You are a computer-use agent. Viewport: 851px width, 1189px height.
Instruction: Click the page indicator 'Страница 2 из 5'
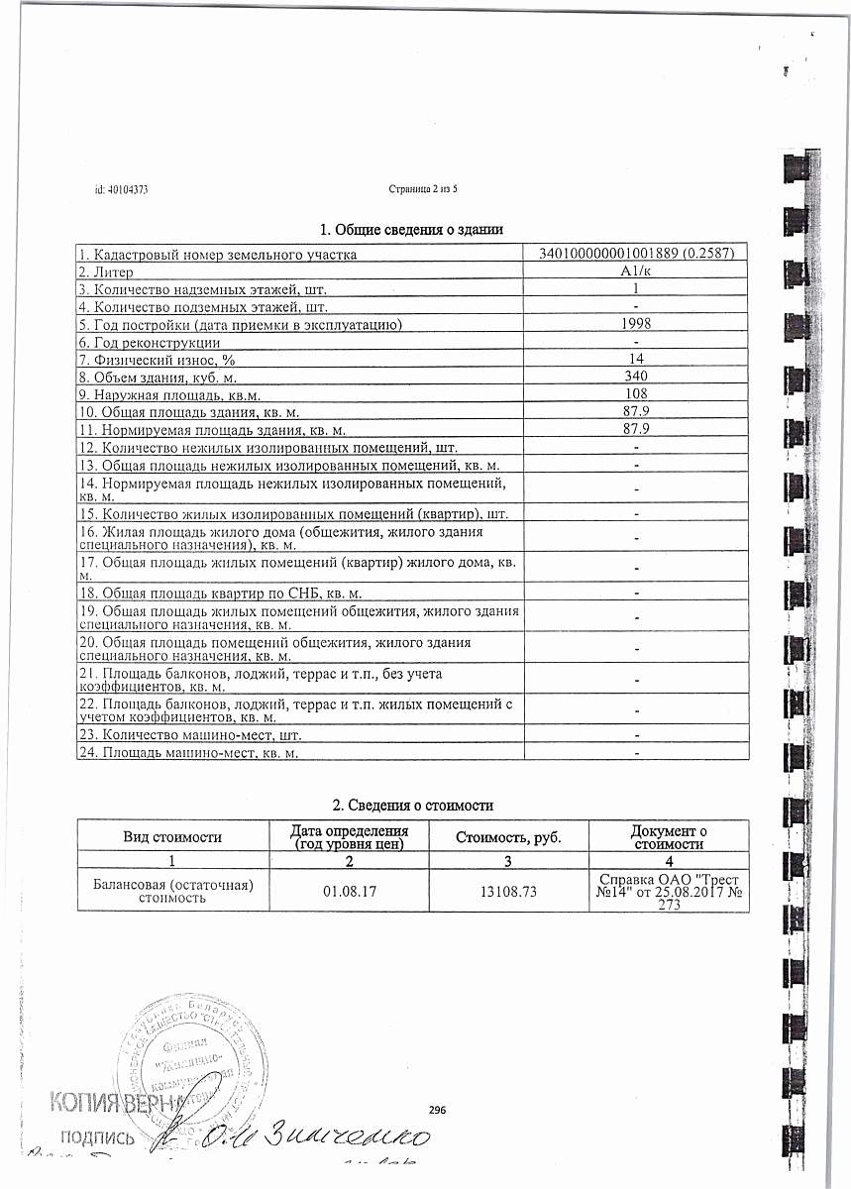427,188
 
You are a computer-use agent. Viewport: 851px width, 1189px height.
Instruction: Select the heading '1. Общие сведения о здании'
412,230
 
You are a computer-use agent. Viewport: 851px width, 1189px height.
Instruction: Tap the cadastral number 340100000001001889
606,255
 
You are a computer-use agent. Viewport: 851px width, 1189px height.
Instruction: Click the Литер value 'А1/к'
635,271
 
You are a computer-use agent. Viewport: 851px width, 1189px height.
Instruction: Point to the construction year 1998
635,324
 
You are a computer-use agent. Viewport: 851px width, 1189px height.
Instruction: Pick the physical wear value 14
636,358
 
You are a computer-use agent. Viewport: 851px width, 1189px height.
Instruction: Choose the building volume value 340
635,376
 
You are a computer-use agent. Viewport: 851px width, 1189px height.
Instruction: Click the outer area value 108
635,392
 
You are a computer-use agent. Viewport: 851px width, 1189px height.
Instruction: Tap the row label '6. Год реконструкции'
150,341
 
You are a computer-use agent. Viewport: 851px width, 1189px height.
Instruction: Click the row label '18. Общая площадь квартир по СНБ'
219,593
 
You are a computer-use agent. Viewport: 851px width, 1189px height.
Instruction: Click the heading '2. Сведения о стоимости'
412,806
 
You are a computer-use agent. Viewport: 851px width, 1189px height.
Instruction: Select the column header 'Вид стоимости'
171,836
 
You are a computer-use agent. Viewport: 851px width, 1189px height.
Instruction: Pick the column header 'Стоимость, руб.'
507,837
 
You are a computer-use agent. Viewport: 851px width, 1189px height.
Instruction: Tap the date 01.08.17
347,891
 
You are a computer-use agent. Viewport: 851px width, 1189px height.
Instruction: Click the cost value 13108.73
507,891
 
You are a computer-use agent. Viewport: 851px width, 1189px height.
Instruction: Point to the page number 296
438,1110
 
